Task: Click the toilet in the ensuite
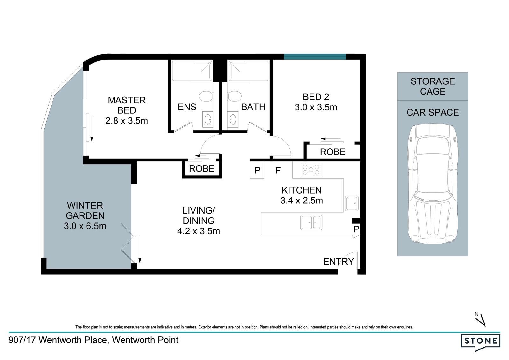point(206,96)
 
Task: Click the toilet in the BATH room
point(234,96)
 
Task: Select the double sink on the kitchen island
point(311,222)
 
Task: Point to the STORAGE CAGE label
point(433,86)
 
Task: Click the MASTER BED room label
point(127,105)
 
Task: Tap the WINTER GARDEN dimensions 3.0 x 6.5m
point(85,226)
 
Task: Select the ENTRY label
point(338,262)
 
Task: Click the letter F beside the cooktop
point(278,170)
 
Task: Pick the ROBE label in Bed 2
point(333,152)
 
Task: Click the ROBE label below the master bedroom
point(202,169)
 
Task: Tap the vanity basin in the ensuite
point(208,119)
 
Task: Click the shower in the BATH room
point(248,70)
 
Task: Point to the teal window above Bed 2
point(315,57)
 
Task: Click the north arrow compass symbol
point(480,320)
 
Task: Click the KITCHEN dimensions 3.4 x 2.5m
point(302,201)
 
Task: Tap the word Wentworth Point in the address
point(145,340)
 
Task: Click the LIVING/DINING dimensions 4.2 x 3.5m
point(199,231)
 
